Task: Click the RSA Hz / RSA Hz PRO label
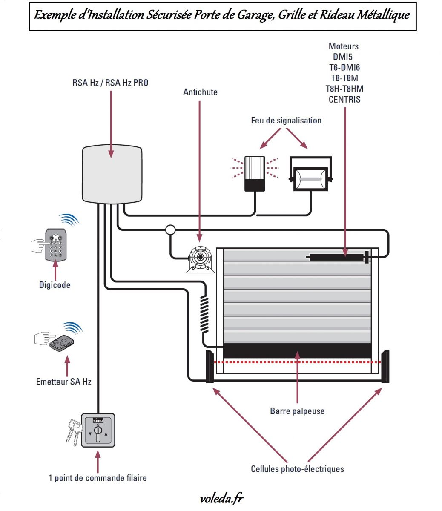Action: (110, 83)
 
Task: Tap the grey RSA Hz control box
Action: (112, 174)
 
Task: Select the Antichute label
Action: (200, 92)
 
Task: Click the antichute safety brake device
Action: (200, 260)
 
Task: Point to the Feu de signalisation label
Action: (286, 121)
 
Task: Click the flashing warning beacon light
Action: (255, 174)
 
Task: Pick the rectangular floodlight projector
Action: (310, 174)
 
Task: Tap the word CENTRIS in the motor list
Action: (344, 99)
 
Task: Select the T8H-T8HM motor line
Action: (344, 89)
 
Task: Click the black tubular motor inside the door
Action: (338, 257)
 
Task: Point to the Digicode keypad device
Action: (56, 245)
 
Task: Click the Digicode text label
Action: (55, 285)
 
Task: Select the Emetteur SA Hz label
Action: (64, 382)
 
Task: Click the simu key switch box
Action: (98, 431)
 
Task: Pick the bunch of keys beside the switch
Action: (74, 432)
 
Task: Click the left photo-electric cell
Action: (210, 367)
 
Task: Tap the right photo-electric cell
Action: (385, 367)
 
